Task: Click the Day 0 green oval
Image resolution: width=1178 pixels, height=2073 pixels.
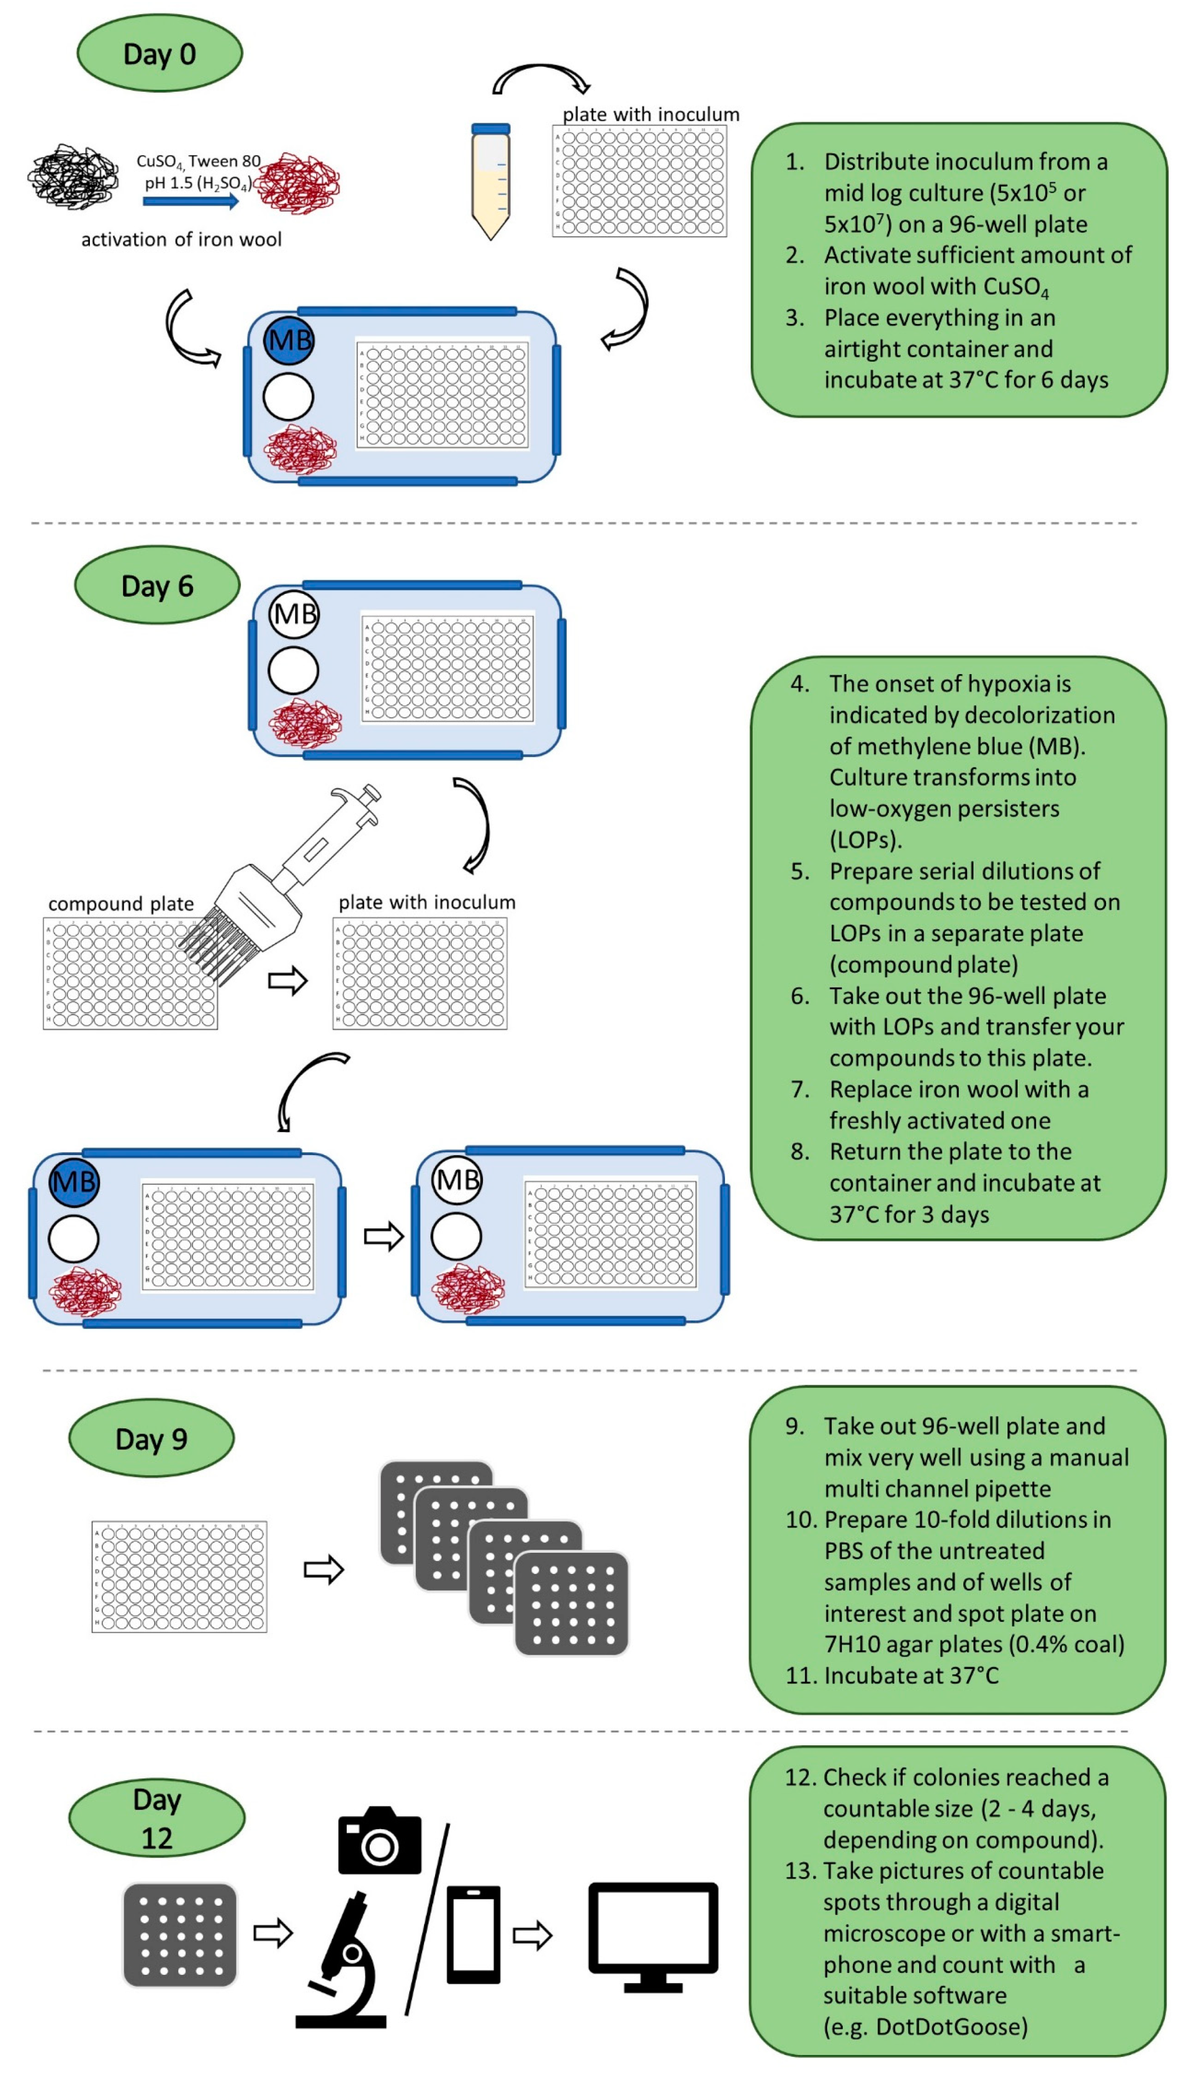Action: tap(159, 54)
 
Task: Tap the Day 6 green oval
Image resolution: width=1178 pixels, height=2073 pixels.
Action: tap(157, 585)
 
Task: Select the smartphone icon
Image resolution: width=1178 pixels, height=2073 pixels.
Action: tap(473, 1934)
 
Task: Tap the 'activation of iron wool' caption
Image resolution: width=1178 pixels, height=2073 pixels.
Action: tap(181, 239)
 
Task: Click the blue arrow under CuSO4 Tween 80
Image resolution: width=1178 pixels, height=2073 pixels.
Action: tap(191, 201)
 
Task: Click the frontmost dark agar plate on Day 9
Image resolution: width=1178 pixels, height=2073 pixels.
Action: tap(571, 1603)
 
